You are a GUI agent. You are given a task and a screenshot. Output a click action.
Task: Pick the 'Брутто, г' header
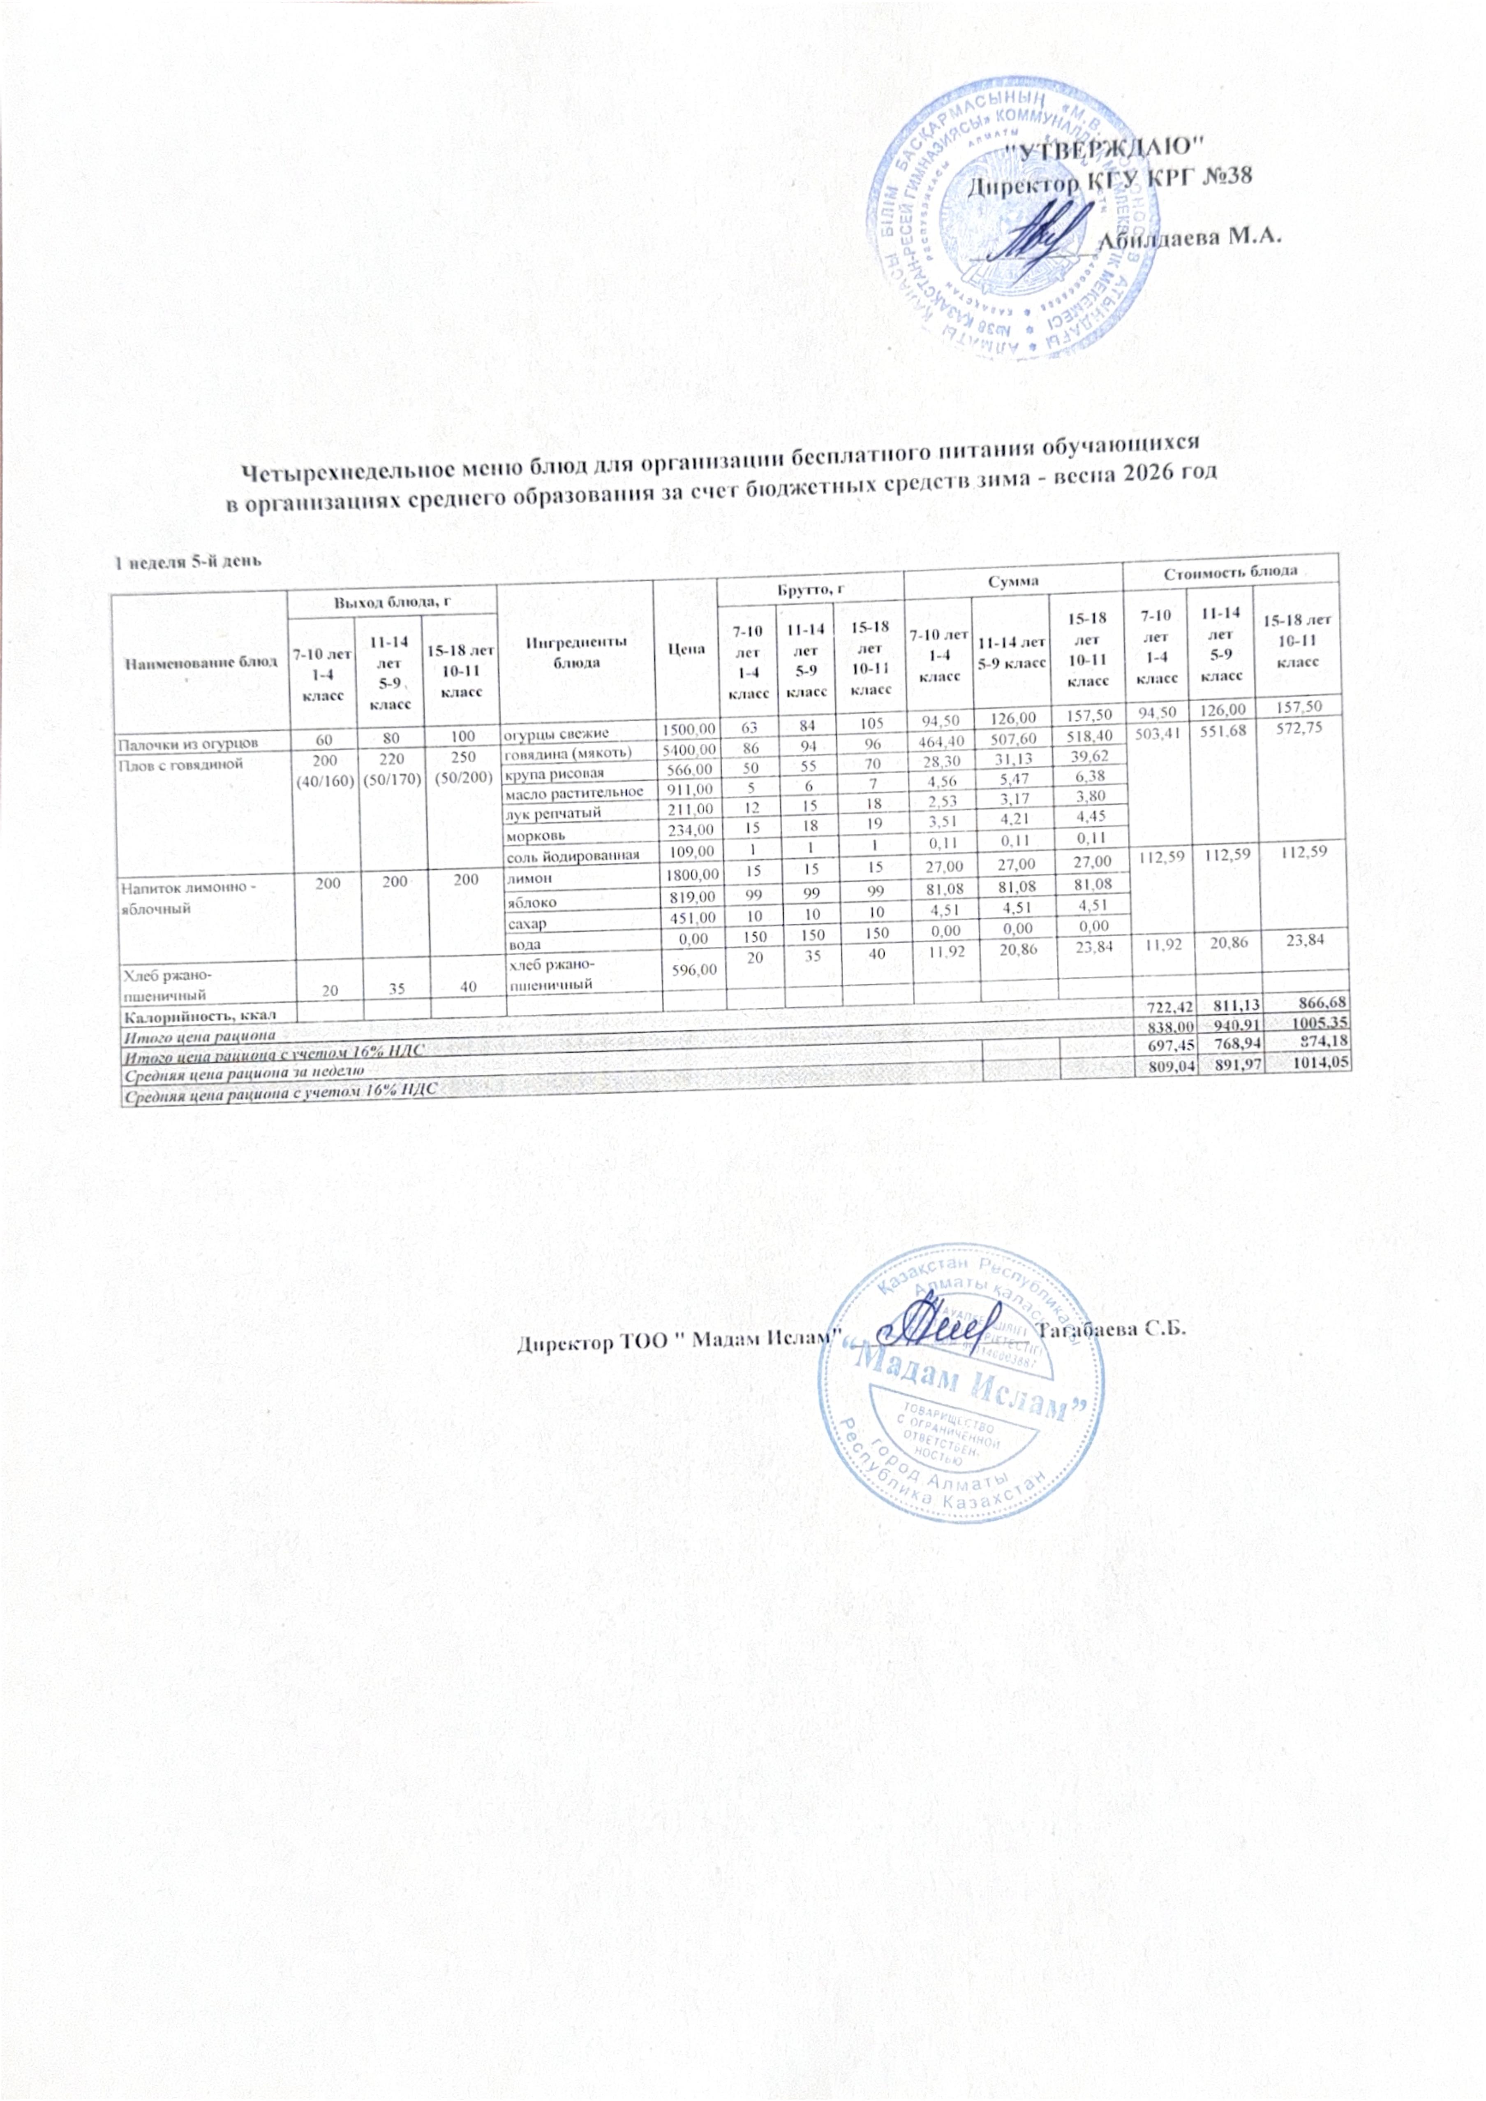(810, 591)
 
